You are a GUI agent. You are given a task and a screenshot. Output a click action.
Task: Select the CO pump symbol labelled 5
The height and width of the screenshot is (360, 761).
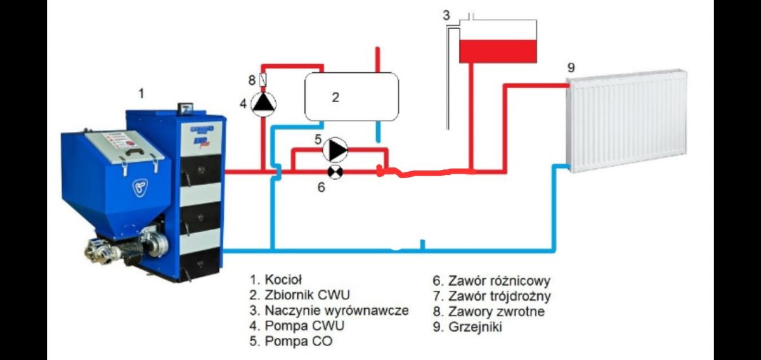point(335,150)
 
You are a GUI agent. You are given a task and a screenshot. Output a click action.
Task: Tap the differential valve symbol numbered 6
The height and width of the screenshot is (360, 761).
point(335,172)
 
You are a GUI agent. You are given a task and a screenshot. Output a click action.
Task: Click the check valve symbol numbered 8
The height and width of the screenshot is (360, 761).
point(263,80)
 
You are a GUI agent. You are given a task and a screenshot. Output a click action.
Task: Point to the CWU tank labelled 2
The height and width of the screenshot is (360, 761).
point(351,97)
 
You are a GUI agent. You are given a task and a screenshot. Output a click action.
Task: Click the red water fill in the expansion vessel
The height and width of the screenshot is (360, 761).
point(498,51)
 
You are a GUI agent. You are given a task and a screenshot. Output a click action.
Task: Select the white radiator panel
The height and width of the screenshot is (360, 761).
point(627,121)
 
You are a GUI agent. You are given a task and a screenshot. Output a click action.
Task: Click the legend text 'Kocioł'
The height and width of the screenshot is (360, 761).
point(283,280)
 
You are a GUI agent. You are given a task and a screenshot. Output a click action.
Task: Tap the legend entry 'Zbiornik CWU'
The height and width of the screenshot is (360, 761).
point(307,295)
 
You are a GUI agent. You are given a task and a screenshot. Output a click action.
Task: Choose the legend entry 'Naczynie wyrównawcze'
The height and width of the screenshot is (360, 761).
point(337,311)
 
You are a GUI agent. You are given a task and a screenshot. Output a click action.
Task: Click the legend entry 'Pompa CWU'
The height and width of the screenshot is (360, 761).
point(304,325)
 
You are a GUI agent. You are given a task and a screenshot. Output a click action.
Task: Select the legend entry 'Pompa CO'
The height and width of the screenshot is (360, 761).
point(299,340)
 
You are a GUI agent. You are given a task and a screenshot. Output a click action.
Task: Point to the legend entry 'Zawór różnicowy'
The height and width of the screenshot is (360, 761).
point(499,281)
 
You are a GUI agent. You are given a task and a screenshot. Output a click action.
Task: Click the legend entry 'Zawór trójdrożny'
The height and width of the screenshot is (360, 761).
point(500,296)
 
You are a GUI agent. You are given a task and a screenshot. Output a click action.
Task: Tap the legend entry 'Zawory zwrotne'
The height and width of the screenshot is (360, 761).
point(497,311)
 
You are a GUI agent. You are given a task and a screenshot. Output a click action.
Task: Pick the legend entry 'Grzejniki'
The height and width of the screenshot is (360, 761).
point(475,326)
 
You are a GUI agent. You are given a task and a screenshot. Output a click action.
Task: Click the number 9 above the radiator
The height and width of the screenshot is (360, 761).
point(571,68)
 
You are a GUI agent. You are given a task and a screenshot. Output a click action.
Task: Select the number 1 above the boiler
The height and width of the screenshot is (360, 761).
point(141,93)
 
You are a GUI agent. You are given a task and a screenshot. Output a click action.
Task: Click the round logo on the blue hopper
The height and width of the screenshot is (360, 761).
point(140,188)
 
